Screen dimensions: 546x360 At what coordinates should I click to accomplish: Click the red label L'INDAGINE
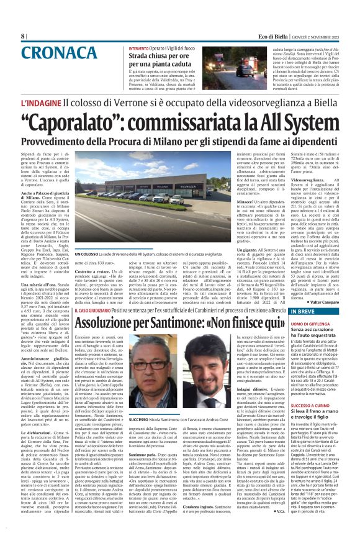pyautogui.click(x=42, y=102)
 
